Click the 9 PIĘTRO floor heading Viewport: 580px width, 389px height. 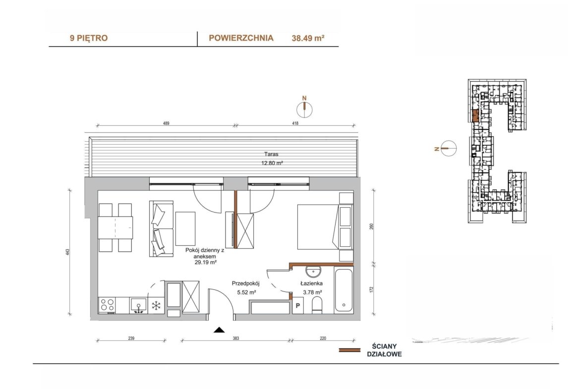click(89, 38)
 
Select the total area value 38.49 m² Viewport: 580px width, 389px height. click(308, 38)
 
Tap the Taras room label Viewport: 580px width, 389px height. click(271, 154)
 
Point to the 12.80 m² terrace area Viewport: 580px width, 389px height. click(272, 163)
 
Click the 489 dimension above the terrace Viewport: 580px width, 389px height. click(166, 123)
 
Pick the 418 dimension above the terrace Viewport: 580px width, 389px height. click(295, 123)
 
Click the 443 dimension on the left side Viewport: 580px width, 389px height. click(68, 252)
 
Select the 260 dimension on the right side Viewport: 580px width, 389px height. click(372, 226)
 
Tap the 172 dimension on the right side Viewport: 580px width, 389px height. click(372, 289)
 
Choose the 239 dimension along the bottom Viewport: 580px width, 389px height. click(131, 338)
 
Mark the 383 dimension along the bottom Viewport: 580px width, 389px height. click(236, 338)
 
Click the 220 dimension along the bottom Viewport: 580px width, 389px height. click(323, 338)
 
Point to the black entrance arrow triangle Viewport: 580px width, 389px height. click(219, 330)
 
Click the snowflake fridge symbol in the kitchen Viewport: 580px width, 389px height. click(156, 305)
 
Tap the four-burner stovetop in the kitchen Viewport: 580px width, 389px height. click(107, 305)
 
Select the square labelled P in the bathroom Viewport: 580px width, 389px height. click(298, 306)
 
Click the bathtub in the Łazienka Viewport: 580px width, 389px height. click(344, 291)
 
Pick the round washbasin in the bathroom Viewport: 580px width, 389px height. click(314, 272)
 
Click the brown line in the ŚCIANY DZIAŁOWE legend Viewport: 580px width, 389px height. click(349, 350)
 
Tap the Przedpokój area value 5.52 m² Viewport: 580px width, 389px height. click(247, 292)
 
